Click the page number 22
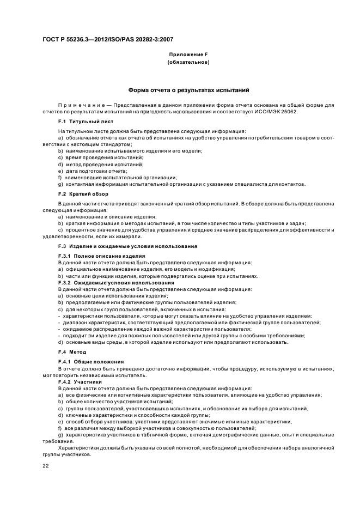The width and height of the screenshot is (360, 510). pyautogui.click(x=46, y=466)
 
